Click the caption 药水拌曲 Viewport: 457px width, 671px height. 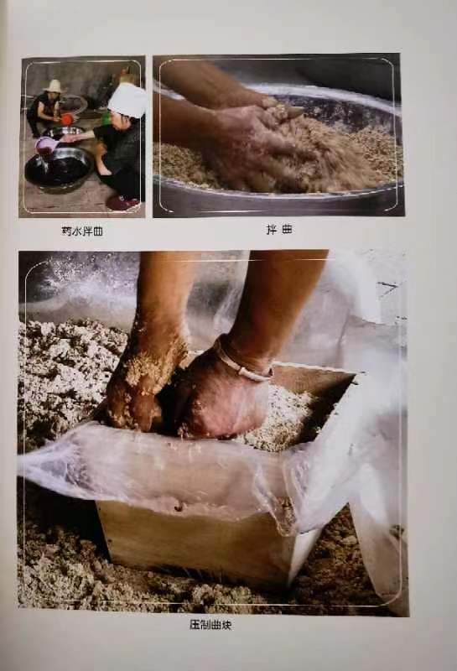click(82, 231)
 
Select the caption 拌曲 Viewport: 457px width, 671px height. click(279, 230)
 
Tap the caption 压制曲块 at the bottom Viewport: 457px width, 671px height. click(211, 625)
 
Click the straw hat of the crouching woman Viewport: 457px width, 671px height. click(54, 86)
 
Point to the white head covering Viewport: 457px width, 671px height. click(127, 100)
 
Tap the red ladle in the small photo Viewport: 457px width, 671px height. click(65, 120)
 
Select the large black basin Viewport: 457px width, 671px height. click(59, 168)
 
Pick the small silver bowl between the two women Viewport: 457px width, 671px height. click(68, 132)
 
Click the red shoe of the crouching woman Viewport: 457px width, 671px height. click(123, 202)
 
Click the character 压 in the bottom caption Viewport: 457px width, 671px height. click(195, 625)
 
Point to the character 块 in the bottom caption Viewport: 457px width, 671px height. click(226, 625)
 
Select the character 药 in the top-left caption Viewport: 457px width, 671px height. click(67, 231)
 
